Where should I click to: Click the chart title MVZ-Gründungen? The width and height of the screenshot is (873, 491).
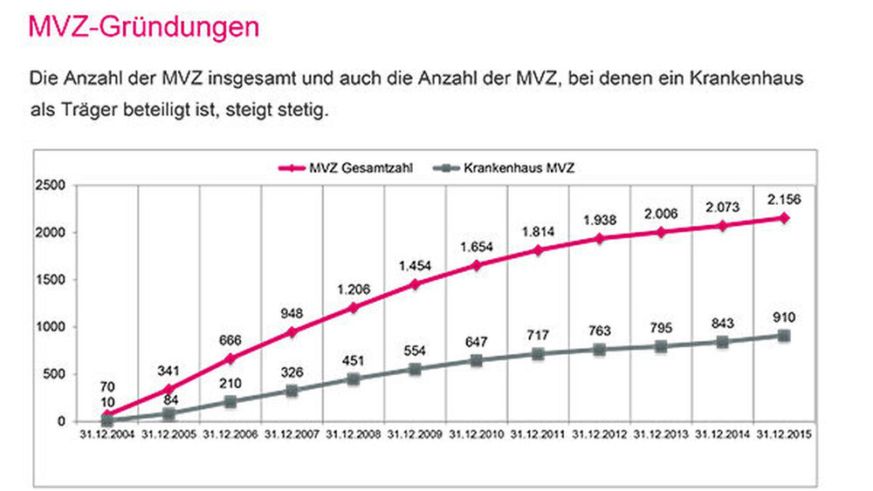(x=144, y=26)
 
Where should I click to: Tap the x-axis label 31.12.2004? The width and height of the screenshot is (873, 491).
(x=107, y=433)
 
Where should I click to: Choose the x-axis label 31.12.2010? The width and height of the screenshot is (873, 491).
(x=477, y=433)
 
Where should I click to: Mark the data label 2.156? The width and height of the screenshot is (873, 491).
(x=783, y=199)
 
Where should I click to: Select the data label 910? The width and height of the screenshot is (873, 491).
(x=784, y=317)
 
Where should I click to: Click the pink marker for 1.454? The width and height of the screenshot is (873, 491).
(x=415, y=283)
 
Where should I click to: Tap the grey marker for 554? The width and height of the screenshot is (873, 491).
(x=415, y=369)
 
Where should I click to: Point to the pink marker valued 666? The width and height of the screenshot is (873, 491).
(x=230, y=358)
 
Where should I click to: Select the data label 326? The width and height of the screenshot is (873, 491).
(x=292, y=372)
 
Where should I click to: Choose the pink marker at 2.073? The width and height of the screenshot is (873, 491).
(x=723, y=226)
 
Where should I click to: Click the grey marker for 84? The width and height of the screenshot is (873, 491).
(x=168, y=413)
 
